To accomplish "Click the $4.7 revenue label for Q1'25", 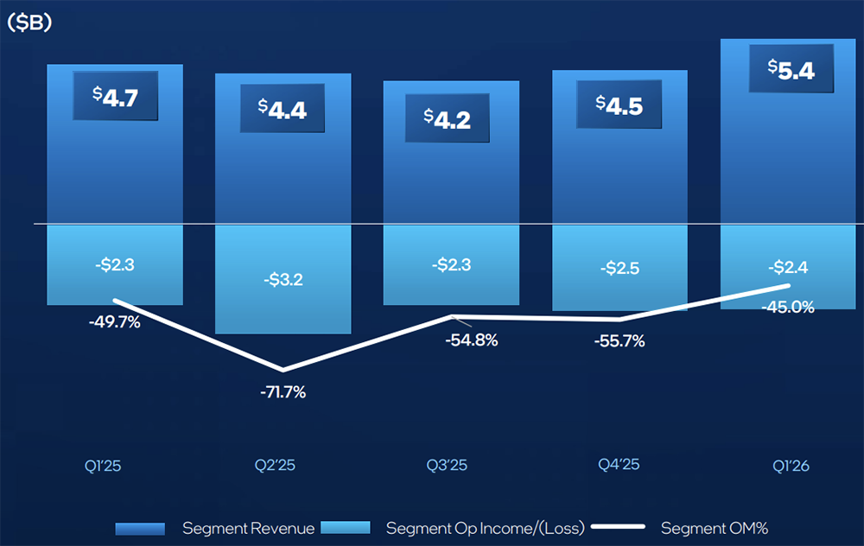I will pyautogui.click(x=115, y=97).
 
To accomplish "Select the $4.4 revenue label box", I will pyautogui.click(x=282, y=109).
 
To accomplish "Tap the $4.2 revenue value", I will pyautogui.click(x=448, y=118).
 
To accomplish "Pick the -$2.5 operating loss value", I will pyautogui.click(x=619, y=268).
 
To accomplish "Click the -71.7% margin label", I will pyautogui.click(x=283, y=392).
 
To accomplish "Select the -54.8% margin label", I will pyautogui.click(x=472, y=340).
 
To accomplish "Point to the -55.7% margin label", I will pyautogui.click(x=619, y=341).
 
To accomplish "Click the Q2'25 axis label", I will pyautogui.click(x=275, y=465).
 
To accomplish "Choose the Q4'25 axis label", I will pyautogui.click(x=619, y=464).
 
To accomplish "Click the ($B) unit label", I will pyautogui.click(x=29, y=23).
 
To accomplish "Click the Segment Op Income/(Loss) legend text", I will pyautogui.click(x=485, y=528).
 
